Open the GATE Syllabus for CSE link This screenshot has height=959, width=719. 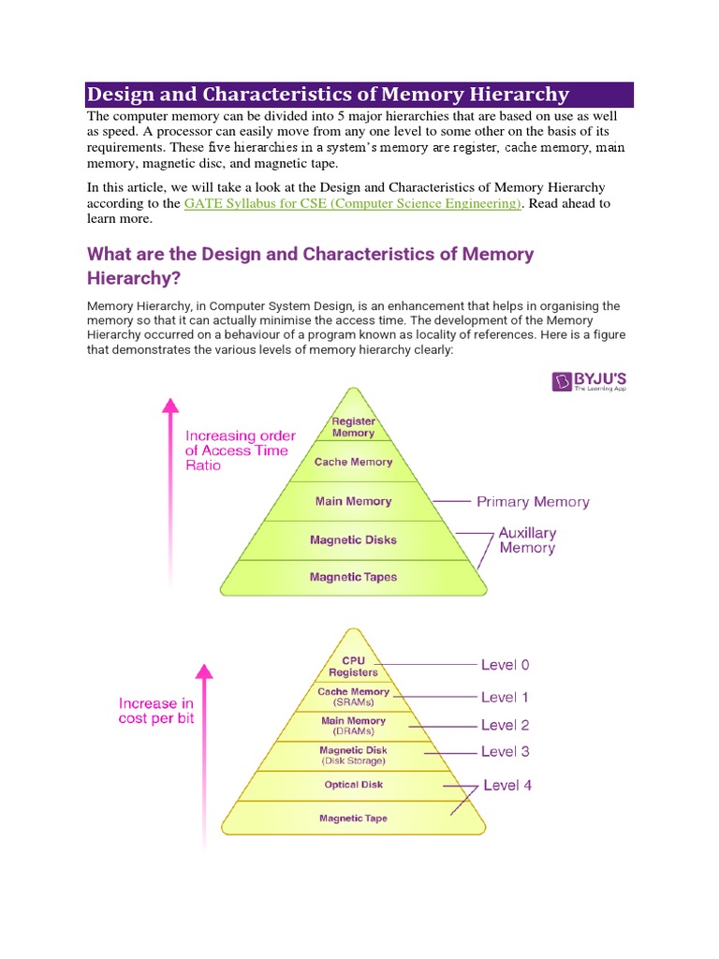pyautogui.click(x=352, y=203)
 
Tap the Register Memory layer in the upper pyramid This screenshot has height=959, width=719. pyautogui.click(x=353, y=427)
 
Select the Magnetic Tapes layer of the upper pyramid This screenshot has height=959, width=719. pyautogui.click(x=353, y=577)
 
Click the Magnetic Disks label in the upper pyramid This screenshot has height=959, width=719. pyautogui.click(x=353, y=539)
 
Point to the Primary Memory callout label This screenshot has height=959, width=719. pyautogui.click(x=533, y=502)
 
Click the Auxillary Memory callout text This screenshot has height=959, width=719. pyautogui.click(x=527, y=539)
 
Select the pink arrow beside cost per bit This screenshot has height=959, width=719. pyautogui.click(x=203, y=749)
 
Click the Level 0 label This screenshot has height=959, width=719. pyautogui.click(x=505, y=665)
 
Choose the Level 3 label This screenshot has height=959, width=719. pyautogui.click(x=505, y=751)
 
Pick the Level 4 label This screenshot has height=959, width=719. pyautogui.click(x=507, y=785)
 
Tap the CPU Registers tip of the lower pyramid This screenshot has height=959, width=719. pyautogui.click(x=353, y=666)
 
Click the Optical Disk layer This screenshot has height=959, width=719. pyautogui.click(x=353, y=785)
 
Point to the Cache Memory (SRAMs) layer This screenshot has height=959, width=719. pyautogui.click(x=353, y=697)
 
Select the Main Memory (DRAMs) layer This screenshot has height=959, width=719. pyautogui.click(x=353, y=726)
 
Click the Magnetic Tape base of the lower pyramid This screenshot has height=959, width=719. pyautogui.click(x=353, y=819)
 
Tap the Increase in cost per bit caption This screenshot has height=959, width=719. pyautogui.click(x=156, y=711)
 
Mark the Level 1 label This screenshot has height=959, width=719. pyautogui.click(x=505, y=697)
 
